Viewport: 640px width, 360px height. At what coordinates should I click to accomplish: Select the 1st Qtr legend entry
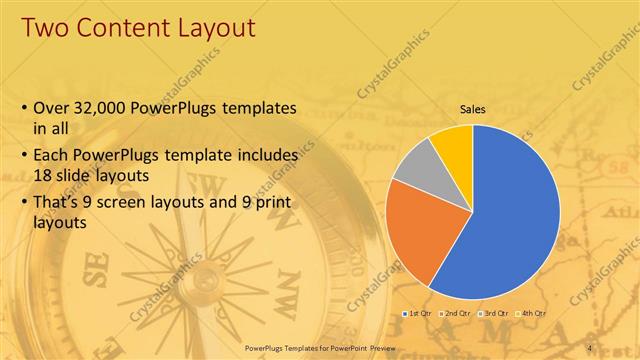coord(418,313)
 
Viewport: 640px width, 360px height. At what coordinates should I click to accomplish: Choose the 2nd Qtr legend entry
coord(459,313)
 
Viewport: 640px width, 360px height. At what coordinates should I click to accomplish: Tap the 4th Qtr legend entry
coord(532,313)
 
